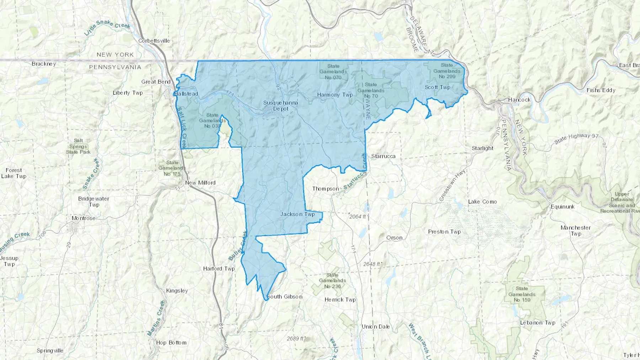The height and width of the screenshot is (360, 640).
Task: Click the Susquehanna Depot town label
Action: tap(281, 106)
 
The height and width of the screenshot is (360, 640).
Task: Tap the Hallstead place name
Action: tap(186, 94)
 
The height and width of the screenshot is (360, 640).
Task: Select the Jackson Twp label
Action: tap(298, 214)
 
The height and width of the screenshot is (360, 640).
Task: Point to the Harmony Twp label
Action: tap(335, 95)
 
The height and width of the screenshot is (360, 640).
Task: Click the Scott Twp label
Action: tap(437, 87)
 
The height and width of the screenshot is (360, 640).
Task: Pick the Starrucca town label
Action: tap(383, 156)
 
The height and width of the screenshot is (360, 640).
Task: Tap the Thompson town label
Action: tap(325, 189)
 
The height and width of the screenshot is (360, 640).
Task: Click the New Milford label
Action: tap(200, 183)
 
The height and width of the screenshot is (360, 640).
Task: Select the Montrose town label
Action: tap(84, 218)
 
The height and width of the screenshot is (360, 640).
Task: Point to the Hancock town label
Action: tap(519, 100)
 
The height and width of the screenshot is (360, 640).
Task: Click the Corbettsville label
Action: tap(154, 41)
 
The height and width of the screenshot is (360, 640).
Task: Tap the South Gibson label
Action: tap(284, 297)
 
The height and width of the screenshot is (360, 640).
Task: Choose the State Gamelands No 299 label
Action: tap(447, 71)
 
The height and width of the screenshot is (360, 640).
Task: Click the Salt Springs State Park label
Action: tap(78, 146)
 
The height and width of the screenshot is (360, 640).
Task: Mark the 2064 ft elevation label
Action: tap(358, 216)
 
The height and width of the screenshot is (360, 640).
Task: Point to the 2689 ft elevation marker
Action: tap(296, 338)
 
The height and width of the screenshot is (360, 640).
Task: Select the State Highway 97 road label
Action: tap(577, 139)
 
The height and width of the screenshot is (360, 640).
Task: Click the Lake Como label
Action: tap(482, 202)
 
